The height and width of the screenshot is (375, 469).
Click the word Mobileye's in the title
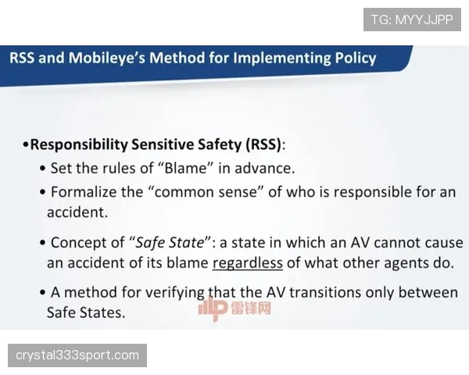click(107, 58)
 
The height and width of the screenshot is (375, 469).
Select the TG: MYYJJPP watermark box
click(412, 20)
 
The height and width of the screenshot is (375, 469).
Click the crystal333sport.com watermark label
click(77, 355)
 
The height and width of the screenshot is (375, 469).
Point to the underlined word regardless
click(248, 263)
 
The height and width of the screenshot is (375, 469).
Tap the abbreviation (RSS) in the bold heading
click(264, 145)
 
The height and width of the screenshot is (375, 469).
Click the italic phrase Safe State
click(170, 242)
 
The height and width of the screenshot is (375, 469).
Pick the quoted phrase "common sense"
click(206, 192)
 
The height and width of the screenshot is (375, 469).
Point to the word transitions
click(325, 292)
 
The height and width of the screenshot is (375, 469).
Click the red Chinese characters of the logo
click(251, 308)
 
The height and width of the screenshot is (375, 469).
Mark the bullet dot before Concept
click(43, 242)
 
